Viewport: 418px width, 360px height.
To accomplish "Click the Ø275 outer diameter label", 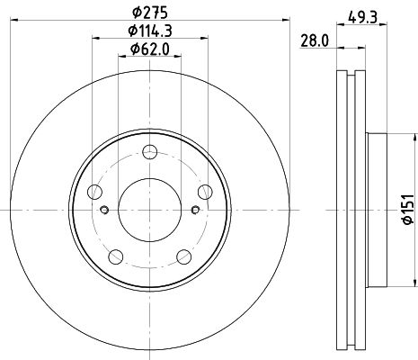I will pyautogui.click(x=148, y=13).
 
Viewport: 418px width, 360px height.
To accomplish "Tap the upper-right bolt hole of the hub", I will pyautogui.click(x=204, y=190).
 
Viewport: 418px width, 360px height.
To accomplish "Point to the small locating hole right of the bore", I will pyautogui.click(x=195, y=211).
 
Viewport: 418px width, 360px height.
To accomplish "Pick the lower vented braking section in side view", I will pyautogui.click(x=351, y=310).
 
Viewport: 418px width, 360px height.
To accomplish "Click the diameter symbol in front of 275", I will pyautogui.click(x=134, y=13).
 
